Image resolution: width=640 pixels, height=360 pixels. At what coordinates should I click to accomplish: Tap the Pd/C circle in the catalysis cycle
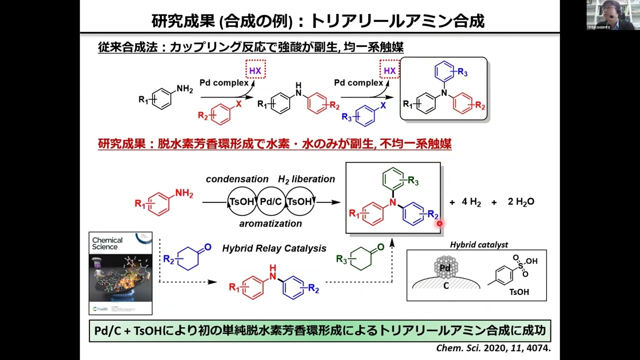[x=271, y=202]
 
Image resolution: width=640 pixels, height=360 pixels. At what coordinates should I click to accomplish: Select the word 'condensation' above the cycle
[x=237, y=179]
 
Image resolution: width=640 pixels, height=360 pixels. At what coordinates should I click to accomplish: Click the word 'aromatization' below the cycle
[x=270, y=223]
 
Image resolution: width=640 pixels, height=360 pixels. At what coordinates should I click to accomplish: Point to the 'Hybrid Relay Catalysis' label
[x=274, y=248]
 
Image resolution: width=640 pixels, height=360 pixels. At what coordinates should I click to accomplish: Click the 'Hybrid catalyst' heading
[x=478, y=244]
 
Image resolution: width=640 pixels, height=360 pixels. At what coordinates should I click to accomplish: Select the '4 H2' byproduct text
[x=471, y=202]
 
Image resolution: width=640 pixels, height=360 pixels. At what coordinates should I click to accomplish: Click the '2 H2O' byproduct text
[x=521, y=202]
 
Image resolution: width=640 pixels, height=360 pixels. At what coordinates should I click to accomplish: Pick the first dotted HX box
[x=255, y=70]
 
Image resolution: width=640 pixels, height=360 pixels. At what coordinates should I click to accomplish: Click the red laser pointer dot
[x=439, y=223]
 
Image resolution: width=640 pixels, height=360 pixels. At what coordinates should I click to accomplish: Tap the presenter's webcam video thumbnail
[x=613, y=15]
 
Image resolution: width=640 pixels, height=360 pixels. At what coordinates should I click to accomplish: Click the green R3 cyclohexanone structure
[x=360, y=259]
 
